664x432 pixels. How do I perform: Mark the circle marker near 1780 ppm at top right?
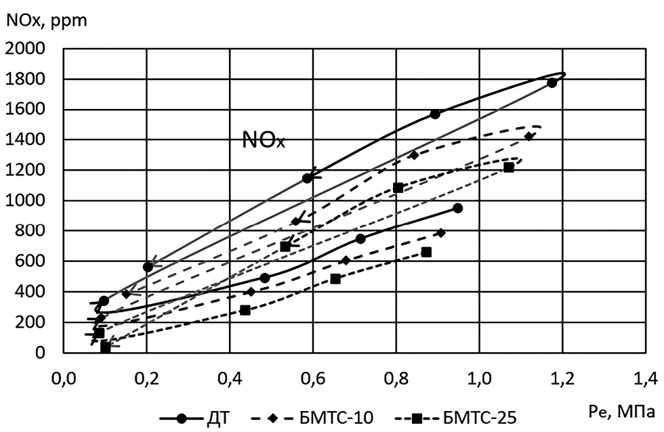pyautogui.click(x=552, y=83)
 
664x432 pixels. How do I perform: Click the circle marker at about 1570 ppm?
pyautogui.click(x=435, y=114)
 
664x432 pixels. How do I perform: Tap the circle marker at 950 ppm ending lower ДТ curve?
pyautogui.click(x=457, y=208)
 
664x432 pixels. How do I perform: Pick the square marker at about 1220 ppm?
pyautogui.click(x=509, y=167)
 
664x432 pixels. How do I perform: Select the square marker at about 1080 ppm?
pyautogui.click(x=398, y=188)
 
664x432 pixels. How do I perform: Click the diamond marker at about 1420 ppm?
pyautogui.click(x=528, y=136)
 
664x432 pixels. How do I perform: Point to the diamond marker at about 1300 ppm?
pyautogui.click(x=414, y=155)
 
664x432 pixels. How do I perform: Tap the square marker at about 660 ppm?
pyautogui.click(x=426, y=252)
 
